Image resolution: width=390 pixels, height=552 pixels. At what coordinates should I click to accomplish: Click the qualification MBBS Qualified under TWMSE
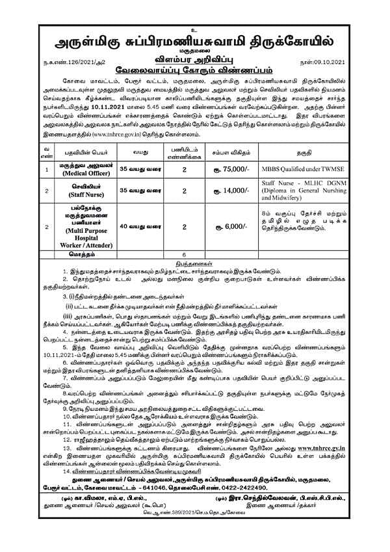click(x=306, y=169)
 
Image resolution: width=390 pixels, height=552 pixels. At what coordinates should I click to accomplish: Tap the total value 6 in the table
click(x=185, y=254)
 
